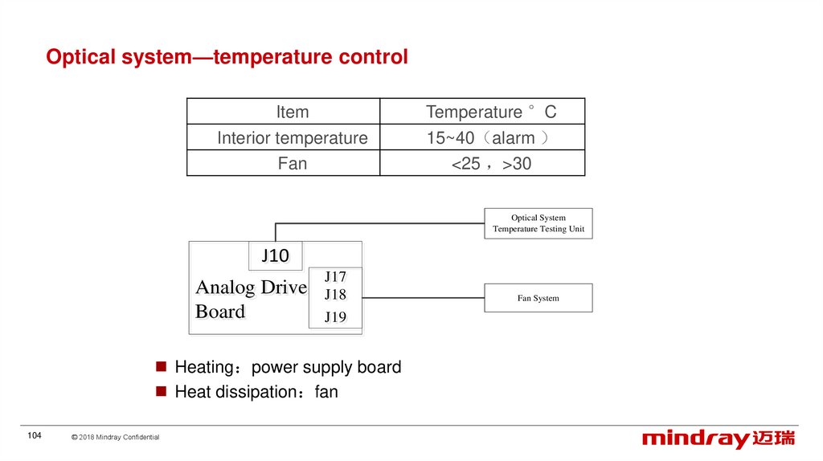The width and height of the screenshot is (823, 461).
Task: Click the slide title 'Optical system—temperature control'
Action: [227, 58]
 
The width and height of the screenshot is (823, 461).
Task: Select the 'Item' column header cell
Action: [292, 112]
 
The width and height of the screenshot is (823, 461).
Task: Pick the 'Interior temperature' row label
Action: [292, 138]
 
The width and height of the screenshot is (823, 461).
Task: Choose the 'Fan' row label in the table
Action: [292, 164]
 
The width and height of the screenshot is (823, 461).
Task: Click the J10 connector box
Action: [275, 256]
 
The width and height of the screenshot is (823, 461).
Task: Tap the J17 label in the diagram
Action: [335, 277]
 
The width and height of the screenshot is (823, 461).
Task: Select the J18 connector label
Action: [335, 295]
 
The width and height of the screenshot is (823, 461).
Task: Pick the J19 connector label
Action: [335, 317]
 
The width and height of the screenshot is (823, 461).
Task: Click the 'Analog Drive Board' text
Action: [250, 299]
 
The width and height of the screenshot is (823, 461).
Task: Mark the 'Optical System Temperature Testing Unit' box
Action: [538, 223]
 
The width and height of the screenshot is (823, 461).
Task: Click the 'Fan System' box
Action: [538, 298]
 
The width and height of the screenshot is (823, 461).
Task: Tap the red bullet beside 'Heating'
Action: [160, 367]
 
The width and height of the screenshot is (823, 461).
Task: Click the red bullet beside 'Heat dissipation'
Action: [160, 392]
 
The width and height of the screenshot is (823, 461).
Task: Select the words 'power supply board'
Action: [326, 368]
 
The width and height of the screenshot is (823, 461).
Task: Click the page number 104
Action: [34, 435]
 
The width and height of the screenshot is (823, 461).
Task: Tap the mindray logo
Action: [718, 439]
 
